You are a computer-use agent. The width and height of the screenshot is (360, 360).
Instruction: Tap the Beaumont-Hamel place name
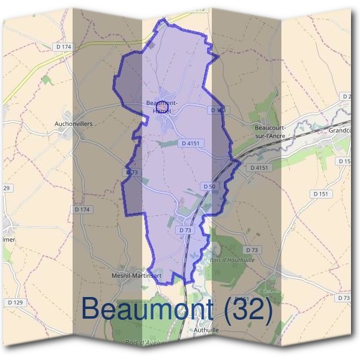tap(162, 107)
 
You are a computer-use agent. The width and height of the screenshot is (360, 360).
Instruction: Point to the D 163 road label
tap(218, 110)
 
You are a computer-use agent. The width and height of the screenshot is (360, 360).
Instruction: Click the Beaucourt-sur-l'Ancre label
tap(270, 132)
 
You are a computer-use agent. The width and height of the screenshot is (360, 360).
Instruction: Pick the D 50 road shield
tap(209, 187)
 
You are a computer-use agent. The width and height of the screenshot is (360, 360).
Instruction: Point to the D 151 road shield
tap(321, 194)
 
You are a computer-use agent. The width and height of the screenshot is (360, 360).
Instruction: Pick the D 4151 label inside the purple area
tap(189, 143)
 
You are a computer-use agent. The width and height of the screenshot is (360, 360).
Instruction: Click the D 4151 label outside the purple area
tap(260, 167)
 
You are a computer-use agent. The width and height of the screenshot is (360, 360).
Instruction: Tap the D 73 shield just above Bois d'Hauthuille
tap(251, 250)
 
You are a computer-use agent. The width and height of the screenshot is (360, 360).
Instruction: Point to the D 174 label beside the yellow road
tap(62, 46)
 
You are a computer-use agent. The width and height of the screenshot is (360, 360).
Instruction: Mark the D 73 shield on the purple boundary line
tap(132, 172)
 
